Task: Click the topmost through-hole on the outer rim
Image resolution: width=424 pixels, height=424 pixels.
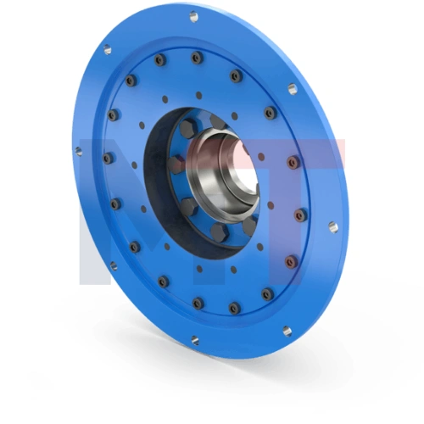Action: [x=193, y=16]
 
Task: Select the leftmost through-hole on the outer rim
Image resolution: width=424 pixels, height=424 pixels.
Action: [x=79, y=152]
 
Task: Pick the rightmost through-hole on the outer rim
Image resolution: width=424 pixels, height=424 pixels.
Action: [x=332, y=227]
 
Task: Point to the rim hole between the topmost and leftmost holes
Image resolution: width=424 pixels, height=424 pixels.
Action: [x=108, y=50]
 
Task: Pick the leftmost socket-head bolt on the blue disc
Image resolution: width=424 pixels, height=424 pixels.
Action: [x=107, y=158]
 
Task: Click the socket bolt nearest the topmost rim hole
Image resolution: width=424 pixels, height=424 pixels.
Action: [x=197, y=57]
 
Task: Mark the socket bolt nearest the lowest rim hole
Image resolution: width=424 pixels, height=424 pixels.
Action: [x=198, y=303]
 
